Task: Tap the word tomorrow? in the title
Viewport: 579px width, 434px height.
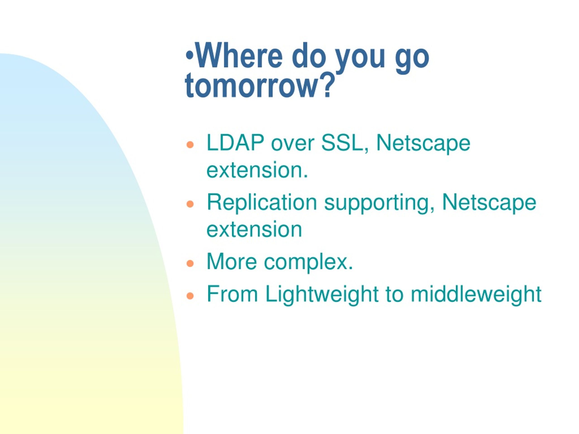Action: coord(260,85)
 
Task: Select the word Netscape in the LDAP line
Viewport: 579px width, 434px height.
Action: coord(423,144)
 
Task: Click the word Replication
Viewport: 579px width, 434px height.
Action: coord(262,203)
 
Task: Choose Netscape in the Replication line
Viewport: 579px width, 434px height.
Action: coord(489,203)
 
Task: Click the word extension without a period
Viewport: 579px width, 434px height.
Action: coord(254,229)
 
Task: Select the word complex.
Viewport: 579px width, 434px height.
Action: coord(308,263)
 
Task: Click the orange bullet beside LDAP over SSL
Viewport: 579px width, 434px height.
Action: coord(190,145)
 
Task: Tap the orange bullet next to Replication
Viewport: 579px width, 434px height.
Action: coord(190,204)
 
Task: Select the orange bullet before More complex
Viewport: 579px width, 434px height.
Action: coord(190,263)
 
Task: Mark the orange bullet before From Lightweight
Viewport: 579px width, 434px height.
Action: coord(190,296)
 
